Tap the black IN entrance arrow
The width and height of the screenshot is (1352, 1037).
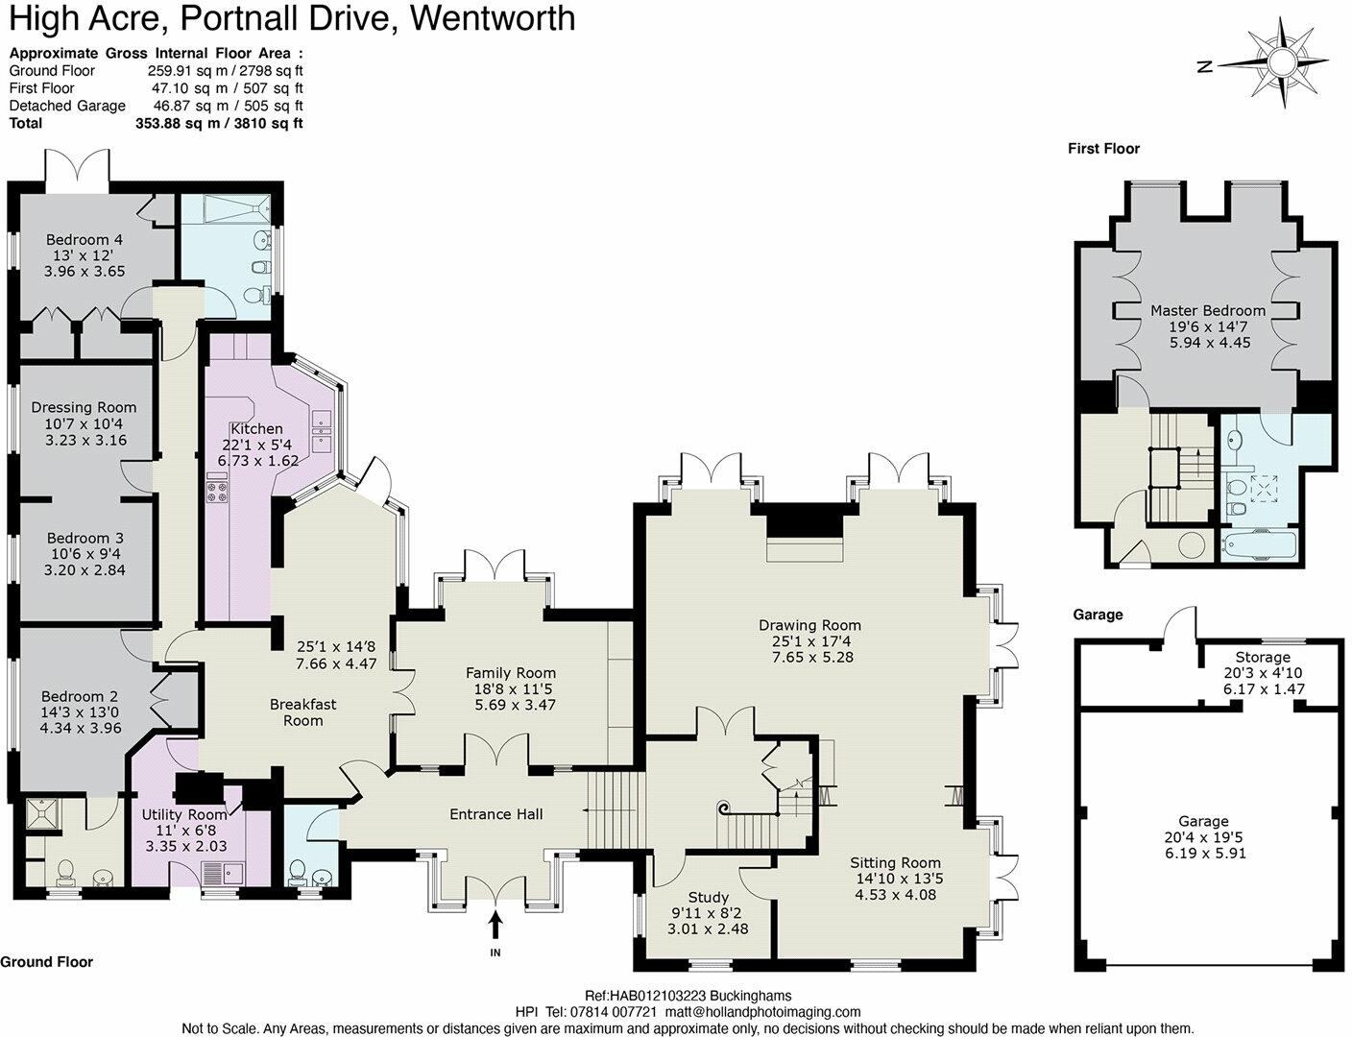[495, 926]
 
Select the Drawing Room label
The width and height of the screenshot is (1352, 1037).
[809, 625]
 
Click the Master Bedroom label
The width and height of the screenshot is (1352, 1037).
[1208, 310]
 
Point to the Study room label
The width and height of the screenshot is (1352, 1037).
[708, 897]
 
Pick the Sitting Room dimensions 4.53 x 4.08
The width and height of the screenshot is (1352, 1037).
[895, 895]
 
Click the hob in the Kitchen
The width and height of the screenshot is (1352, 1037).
[215, 492]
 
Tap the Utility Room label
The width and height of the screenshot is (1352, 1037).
[185, 813]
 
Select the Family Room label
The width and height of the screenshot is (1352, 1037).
[511, 673]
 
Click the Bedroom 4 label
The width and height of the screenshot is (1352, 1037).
[85, 239]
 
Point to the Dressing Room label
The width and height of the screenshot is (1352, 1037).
[84, 407]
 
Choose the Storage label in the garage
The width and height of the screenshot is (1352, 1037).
[1263, 657]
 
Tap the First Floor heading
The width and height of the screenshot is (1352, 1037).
[1103, 148]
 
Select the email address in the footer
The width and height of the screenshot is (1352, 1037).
[752, 1012]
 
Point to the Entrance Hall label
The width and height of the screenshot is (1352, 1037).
[496, 814]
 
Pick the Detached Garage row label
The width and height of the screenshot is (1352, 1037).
[67, 106]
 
